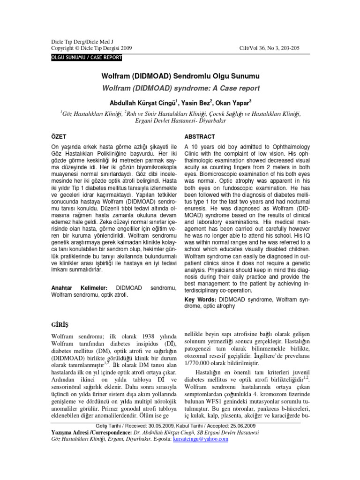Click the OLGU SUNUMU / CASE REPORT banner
coord(86,58)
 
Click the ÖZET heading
coord(59,136)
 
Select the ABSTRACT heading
coord(200,136)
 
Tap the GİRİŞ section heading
coord(60,324)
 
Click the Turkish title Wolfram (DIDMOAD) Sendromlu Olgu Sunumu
coord(180,75)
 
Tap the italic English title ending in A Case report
coord(180,88)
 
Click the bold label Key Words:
coord(200,299)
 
